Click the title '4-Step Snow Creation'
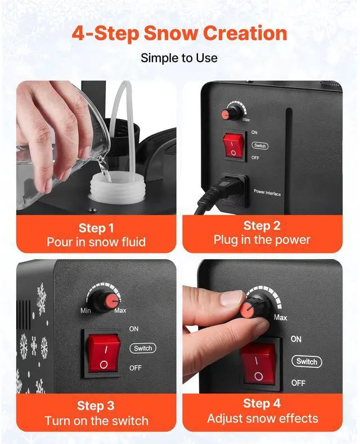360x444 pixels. point(179,33)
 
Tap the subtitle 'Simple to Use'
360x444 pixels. point(179,58)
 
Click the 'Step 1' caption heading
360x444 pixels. point(96,228)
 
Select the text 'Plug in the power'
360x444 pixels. point(262,240)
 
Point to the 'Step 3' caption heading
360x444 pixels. point(96,406)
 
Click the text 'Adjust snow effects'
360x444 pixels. point(262,419)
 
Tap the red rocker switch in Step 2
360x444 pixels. point(231,146)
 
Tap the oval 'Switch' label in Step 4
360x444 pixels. point(307,361)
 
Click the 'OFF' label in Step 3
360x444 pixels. point(136,368)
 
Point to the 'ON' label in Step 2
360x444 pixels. point(255,133)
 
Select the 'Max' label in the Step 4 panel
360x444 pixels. point(280,318)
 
